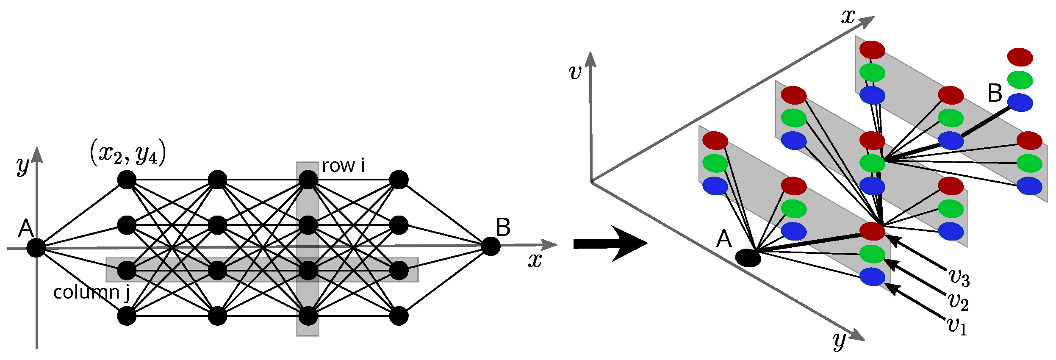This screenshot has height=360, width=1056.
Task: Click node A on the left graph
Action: tap(36, 248)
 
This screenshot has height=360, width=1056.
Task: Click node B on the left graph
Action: tap(491, 246)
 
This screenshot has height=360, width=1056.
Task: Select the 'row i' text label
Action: tap(343, 166)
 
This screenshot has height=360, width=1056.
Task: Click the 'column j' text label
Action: tap(91, 293)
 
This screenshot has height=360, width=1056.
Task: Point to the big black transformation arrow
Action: tap(610, 244)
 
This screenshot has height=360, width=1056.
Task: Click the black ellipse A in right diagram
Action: tap(748, 258)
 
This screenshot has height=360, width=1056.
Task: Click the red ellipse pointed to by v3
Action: tap(873, 231)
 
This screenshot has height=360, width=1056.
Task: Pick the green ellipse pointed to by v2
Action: tap(873, 254)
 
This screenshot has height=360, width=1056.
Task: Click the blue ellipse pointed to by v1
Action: tap(873, 277)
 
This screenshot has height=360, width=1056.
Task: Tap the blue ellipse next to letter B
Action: tap(1020, 102)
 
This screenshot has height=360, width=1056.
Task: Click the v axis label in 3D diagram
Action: tap(575, 72)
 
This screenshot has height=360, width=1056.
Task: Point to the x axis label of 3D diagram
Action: tap(848, 17)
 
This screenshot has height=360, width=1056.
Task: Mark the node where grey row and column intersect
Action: tap(308, 271)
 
